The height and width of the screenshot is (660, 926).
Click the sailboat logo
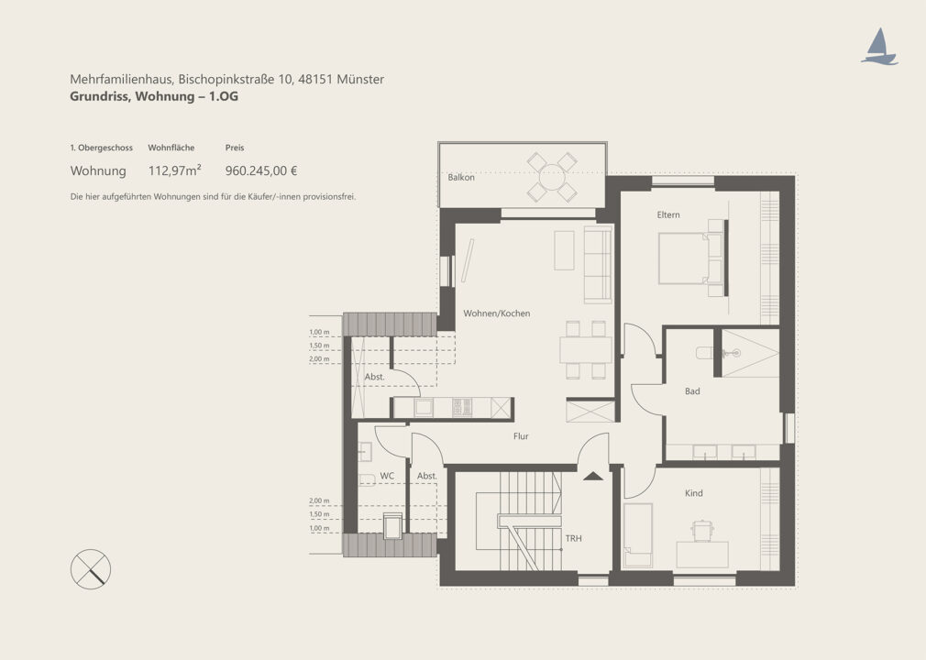(x=879, y=47)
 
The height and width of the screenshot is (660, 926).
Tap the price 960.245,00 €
(x=261, y=171)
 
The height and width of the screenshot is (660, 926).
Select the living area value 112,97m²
(x=174, y=171)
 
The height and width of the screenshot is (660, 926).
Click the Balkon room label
(x=460, y=177)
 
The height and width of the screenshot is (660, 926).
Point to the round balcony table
(x=552, y=177)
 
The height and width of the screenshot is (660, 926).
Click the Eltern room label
(x=668, y=214)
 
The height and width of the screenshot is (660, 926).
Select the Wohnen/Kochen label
(x=496, y=313)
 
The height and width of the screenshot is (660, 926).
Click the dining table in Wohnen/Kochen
(x=586, y=349)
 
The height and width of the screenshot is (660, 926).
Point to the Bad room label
(x=692, y=391)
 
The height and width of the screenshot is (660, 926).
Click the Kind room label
(x=693, y=493)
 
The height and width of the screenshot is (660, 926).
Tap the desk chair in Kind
(x=701, y=530)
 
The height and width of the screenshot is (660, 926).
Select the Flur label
(x=520, y=436)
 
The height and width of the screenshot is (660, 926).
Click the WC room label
(x=387, y=476)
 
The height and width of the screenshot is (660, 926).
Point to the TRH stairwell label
(x=573, y=538)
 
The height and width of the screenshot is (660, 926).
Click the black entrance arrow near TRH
(x=593, y=476)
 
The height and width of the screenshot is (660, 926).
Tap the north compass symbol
(x=91, y=569)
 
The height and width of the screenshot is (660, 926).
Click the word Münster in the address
(x=360, y=79)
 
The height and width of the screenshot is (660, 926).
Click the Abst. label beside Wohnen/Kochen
(x=374, y=377)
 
